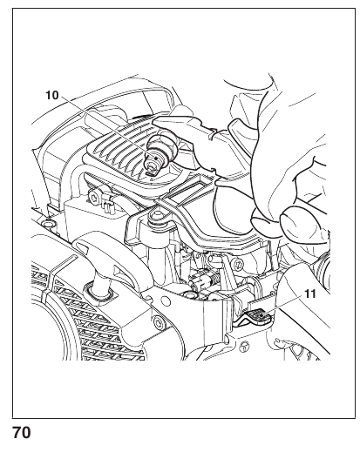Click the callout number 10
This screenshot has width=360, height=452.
(x=52, y=96)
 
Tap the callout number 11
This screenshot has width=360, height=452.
(x=310, y=293)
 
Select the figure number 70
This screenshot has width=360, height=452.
(x=22, y=433)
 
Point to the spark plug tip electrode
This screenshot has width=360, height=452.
(x=151, y=172)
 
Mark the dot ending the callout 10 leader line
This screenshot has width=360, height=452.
(x=156, y=159)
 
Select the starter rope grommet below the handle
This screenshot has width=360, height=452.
(x=101, y=293)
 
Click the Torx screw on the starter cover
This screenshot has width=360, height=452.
(x=158, y=321)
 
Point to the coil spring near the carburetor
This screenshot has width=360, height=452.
(x=215, y=280)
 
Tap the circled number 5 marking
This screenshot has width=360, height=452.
(x=243, y=346)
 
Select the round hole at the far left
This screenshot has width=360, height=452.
(x=47, y=224)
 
